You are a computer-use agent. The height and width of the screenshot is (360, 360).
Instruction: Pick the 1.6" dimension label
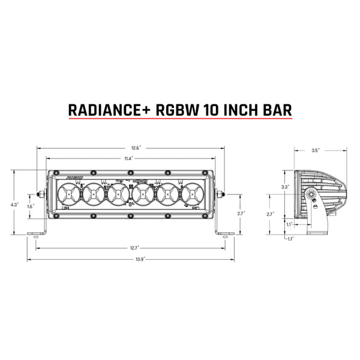point(31,206)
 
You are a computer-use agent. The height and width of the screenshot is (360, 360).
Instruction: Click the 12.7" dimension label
point(133,247)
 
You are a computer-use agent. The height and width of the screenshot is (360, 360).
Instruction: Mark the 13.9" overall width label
point(133,258)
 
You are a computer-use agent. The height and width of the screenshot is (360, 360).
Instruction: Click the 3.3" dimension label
point(286,187)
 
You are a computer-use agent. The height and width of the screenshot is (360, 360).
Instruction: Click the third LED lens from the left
point(118,194)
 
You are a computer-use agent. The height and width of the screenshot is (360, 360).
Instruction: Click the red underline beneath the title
point(180,121)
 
